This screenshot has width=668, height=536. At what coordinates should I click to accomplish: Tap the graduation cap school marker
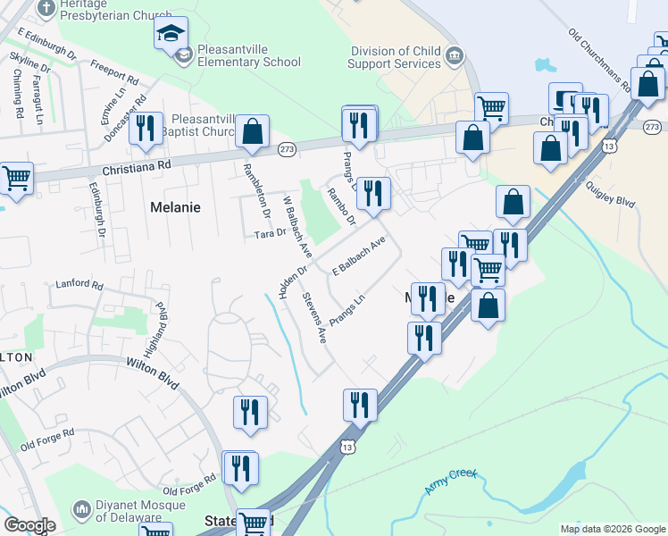click(x=171, y=34)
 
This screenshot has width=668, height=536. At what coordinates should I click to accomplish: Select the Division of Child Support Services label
click(x=396, y=58)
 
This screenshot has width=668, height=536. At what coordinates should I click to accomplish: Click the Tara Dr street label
click(x=270, y=233)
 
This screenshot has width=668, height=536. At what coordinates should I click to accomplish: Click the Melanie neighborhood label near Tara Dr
click(x=174, y=206)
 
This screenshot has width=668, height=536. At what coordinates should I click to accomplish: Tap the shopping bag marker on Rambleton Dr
click(x=253, y=132)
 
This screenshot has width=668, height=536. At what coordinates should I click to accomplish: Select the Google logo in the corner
click(x=29, y=525)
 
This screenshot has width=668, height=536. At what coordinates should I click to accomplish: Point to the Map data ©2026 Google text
click(x=613, y=529)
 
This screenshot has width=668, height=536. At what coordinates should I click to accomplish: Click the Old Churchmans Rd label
click(x=599, y=61)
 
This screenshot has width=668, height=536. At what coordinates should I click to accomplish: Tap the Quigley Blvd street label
click(x=612, y=195)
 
